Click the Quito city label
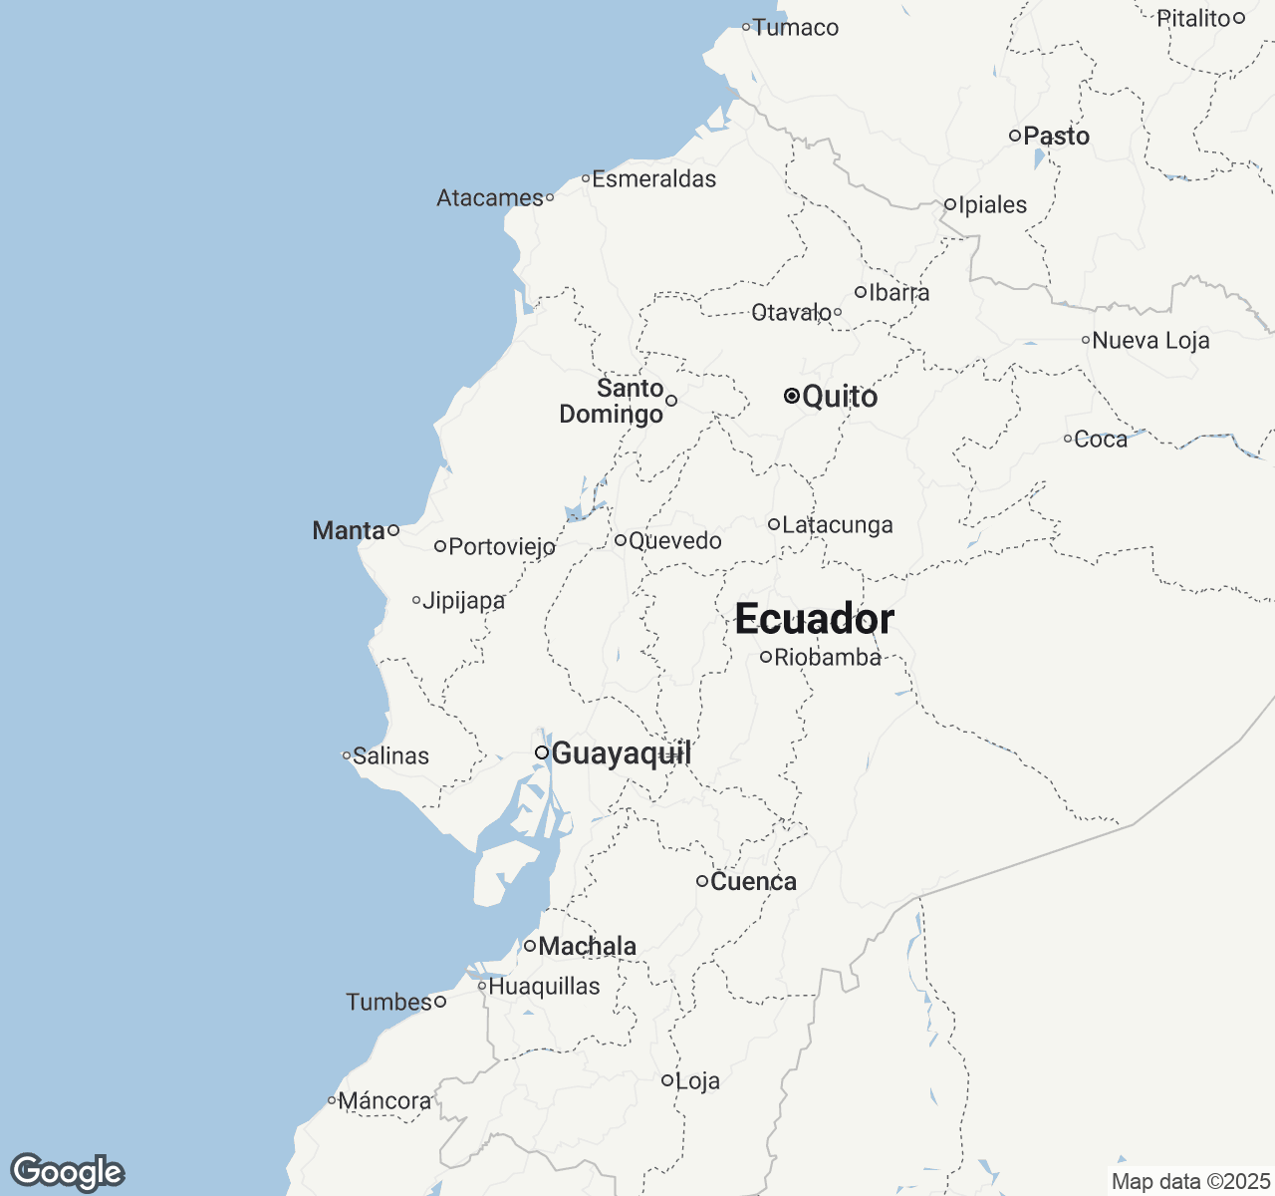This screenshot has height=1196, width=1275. (839, 397)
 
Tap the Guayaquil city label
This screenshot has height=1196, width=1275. (621, 753)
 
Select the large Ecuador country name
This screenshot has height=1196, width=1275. (814, 620)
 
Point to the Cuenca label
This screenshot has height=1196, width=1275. (753, 882)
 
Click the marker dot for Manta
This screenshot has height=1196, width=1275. (393, 530)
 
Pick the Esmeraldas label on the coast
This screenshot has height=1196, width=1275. (653, 179)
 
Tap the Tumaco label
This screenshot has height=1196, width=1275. (795, 28)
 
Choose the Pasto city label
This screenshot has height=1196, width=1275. (1056, 136)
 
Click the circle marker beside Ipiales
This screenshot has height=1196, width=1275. (950, 204)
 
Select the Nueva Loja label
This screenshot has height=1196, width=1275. (1150, 341)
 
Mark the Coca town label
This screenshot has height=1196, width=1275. (1101, 440)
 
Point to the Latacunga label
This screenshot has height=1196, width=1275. (837, 525)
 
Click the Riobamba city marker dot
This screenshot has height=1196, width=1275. (766, 657)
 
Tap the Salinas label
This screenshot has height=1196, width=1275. (390, 756)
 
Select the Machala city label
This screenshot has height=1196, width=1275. (587, 946)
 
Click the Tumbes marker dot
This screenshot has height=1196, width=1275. (439, 1002)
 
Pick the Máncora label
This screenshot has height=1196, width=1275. (384, 1101)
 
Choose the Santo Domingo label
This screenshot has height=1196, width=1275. (612, 401)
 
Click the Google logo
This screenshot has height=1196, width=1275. (67, 1172)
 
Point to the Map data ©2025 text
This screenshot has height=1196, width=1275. (1189, 1182)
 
